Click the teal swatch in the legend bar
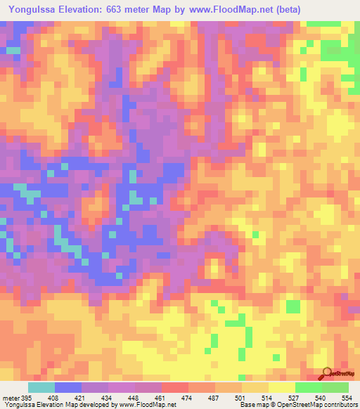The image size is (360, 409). tap(41, 387)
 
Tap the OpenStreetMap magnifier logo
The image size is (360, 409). tap(326, 375)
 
